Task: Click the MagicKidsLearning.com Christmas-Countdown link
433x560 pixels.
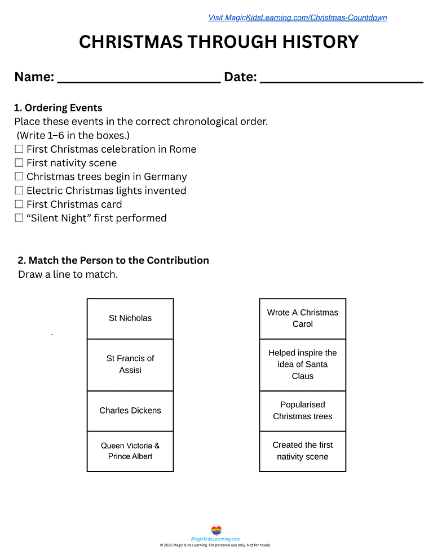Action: coord(298,17)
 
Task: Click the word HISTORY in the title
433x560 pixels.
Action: coord(320,42)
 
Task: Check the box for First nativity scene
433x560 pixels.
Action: coord(19,163)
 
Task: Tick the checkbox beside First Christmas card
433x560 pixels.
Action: coord(19,204)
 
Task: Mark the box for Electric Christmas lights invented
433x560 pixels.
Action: coord(19,190)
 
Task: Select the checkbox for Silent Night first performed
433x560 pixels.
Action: coord(19,218)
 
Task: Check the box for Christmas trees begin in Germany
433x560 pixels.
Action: coord(19,176)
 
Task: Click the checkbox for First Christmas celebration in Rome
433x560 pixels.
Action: coord(19,149)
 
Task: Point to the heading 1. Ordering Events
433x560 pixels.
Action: coord(58,108)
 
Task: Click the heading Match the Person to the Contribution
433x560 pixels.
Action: coord(119,260)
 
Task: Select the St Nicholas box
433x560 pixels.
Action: coord(130,318)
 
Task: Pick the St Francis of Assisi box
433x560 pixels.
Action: coord(130,365)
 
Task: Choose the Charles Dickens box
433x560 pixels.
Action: coord(130,411)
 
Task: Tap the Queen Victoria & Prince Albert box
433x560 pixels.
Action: coord(130,451)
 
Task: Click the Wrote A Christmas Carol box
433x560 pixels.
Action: coord(303,318)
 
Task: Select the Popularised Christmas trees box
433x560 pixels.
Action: coord(303,411)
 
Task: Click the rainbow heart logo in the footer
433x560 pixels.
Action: coord(216,530)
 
